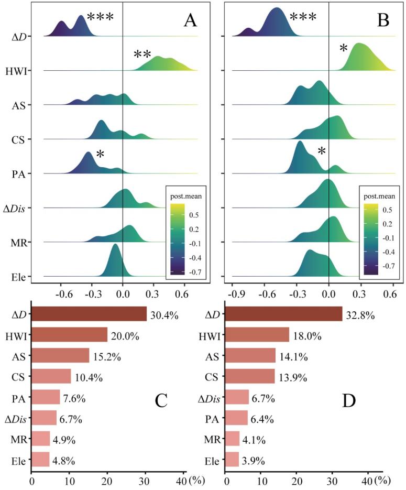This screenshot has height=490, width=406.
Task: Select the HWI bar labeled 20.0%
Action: pos(69,335)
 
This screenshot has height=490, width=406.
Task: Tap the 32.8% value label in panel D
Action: pos(360,315)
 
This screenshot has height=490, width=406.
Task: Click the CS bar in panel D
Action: pos(250,376)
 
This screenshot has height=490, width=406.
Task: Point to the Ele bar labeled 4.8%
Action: pos(40,460)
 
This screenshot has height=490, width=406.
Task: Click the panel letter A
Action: pos(190,20)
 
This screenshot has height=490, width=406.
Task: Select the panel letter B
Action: pos(383,20)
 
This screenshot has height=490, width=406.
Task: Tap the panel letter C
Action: pos(161,401)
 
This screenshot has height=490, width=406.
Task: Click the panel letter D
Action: pos(349,401)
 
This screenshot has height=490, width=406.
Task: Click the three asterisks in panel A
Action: pos(100,17)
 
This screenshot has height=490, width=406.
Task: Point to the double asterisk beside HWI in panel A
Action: pos(142,55)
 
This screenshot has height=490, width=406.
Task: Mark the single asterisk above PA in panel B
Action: pos(322,151)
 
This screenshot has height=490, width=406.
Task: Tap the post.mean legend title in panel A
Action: pos(186,197)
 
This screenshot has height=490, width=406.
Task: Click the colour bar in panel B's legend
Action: pos(371,239)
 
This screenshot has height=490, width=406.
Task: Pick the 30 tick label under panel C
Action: pos(145,482)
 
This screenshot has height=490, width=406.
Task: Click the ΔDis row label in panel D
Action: pos(209,398)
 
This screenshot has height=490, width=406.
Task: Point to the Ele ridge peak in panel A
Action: pos(115,244)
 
